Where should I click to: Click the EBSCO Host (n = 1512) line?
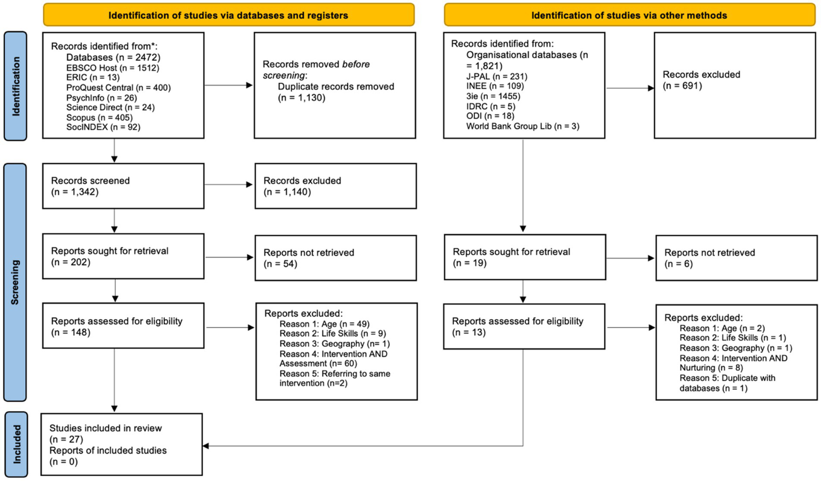(112, 68)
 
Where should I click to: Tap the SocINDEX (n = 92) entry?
(103, 127)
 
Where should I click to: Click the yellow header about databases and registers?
(228, 15)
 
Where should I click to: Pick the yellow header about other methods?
(629, 15)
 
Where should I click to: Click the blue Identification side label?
(16, 86)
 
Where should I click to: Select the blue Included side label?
(16, 444)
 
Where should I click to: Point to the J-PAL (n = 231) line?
(496, 76)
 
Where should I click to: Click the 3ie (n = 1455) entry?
(493, 96)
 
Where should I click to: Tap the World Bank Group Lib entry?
(522, 126)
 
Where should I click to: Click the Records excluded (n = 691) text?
(701, 80)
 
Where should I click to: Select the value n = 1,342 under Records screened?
(75, 192)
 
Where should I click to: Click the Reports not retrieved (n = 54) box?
(335, 258)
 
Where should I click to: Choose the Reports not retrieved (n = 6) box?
(736, 258)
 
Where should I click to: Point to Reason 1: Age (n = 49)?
(324, 324)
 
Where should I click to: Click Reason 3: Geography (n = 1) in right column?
(735, 348)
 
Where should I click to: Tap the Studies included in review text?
(105, 428)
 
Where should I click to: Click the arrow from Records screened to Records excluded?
(228, 184)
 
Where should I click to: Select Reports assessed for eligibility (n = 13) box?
(524, 327)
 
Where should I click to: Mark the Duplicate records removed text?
(335, 87)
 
